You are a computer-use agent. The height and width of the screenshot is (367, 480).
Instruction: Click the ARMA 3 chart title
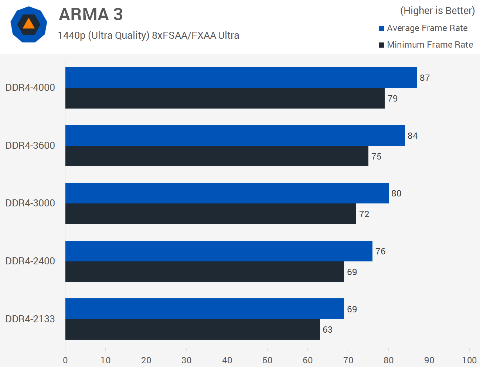[91, 14]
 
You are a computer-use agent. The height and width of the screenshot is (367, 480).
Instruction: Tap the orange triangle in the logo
[28, 24]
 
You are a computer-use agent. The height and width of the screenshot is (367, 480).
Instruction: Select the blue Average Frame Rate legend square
[382, 28]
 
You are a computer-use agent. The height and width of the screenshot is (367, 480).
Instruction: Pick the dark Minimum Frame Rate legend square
[382, 45]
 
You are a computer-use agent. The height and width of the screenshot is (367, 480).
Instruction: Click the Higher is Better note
[437, 11]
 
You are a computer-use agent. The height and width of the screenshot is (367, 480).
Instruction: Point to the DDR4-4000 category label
[30, 88]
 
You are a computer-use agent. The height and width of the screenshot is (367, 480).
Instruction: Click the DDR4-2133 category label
[30, 319]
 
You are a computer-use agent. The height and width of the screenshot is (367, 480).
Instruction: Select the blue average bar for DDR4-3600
[235, 136]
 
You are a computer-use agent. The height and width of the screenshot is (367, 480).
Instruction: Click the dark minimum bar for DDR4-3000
[211, 214]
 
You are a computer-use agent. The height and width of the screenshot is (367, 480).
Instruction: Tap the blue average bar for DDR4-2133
[204, 309]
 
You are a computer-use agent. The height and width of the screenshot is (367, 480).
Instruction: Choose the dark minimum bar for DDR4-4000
[225, 98]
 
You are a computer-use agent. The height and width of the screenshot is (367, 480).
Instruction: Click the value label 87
[425, 78]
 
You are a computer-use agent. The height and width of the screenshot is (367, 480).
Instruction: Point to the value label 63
[327, 330]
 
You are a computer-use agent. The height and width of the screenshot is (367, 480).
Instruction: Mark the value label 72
[364, 214]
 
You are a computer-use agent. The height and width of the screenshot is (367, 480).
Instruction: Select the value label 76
[380, 251]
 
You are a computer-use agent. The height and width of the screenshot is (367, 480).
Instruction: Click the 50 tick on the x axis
[267, 360]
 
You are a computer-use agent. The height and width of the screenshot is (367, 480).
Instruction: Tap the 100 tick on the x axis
[469, 360]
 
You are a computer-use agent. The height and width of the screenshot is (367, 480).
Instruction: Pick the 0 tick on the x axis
[65, 360]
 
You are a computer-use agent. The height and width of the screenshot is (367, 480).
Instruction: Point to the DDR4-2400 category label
[30, 261]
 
